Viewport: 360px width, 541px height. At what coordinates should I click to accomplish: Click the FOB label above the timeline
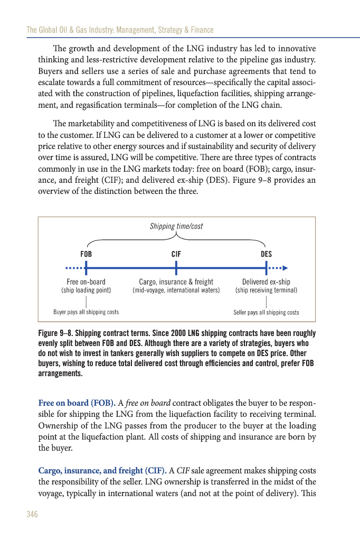pos(86,254)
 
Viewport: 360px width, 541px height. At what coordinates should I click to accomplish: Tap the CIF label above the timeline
pos(176,254)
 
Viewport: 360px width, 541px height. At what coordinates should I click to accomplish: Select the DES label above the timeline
pos(267,254)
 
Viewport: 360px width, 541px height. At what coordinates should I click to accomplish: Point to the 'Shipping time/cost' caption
pos(176,226)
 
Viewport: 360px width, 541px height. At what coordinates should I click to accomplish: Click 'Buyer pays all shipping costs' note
pos(86,312)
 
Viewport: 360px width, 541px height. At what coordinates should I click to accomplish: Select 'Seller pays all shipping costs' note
pos(266,312)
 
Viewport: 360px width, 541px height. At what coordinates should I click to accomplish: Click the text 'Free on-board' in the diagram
pos(86,282)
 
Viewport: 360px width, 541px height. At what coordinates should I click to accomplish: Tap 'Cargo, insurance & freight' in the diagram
pos(176,282)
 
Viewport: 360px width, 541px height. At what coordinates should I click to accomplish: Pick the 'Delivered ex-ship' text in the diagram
pos(266,282)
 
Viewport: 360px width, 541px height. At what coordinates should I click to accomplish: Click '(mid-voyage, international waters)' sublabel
pos(176,291)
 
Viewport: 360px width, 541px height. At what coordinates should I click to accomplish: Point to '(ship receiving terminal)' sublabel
pos(267,291)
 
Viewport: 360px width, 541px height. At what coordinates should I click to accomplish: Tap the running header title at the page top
pos(120,30)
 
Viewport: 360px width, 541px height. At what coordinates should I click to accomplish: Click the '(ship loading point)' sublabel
pos(86,291)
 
